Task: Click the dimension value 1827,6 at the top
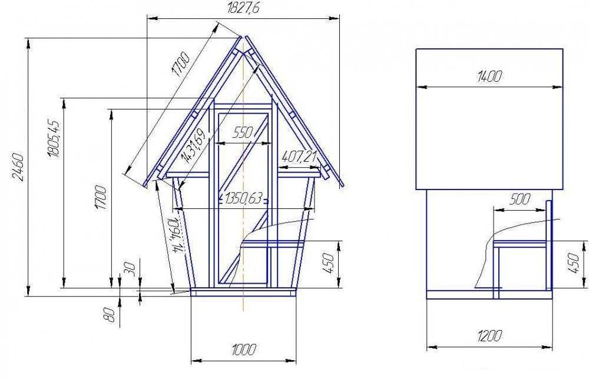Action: point(243,8)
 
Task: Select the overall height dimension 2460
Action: point(18,167)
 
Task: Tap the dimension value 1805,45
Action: point(54,139)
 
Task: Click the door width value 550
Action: point(243,132)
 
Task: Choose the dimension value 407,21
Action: point(299,156)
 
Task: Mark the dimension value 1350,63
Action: point(243,198)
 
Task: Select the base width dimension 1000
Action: point(243,350)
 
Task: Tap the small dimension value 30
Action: point(130,268)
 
